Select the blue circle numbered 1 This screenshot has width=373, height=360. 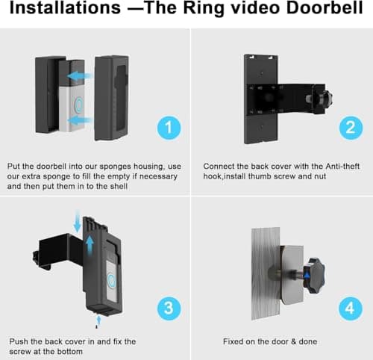tap(169, 127)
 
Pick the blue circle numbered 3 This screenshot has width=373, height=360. tap(169, 308)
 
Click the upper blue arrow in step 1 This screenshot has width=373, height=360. tap(80, 74)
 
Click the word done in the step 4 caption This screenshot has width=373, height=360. tap(307, 341)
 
